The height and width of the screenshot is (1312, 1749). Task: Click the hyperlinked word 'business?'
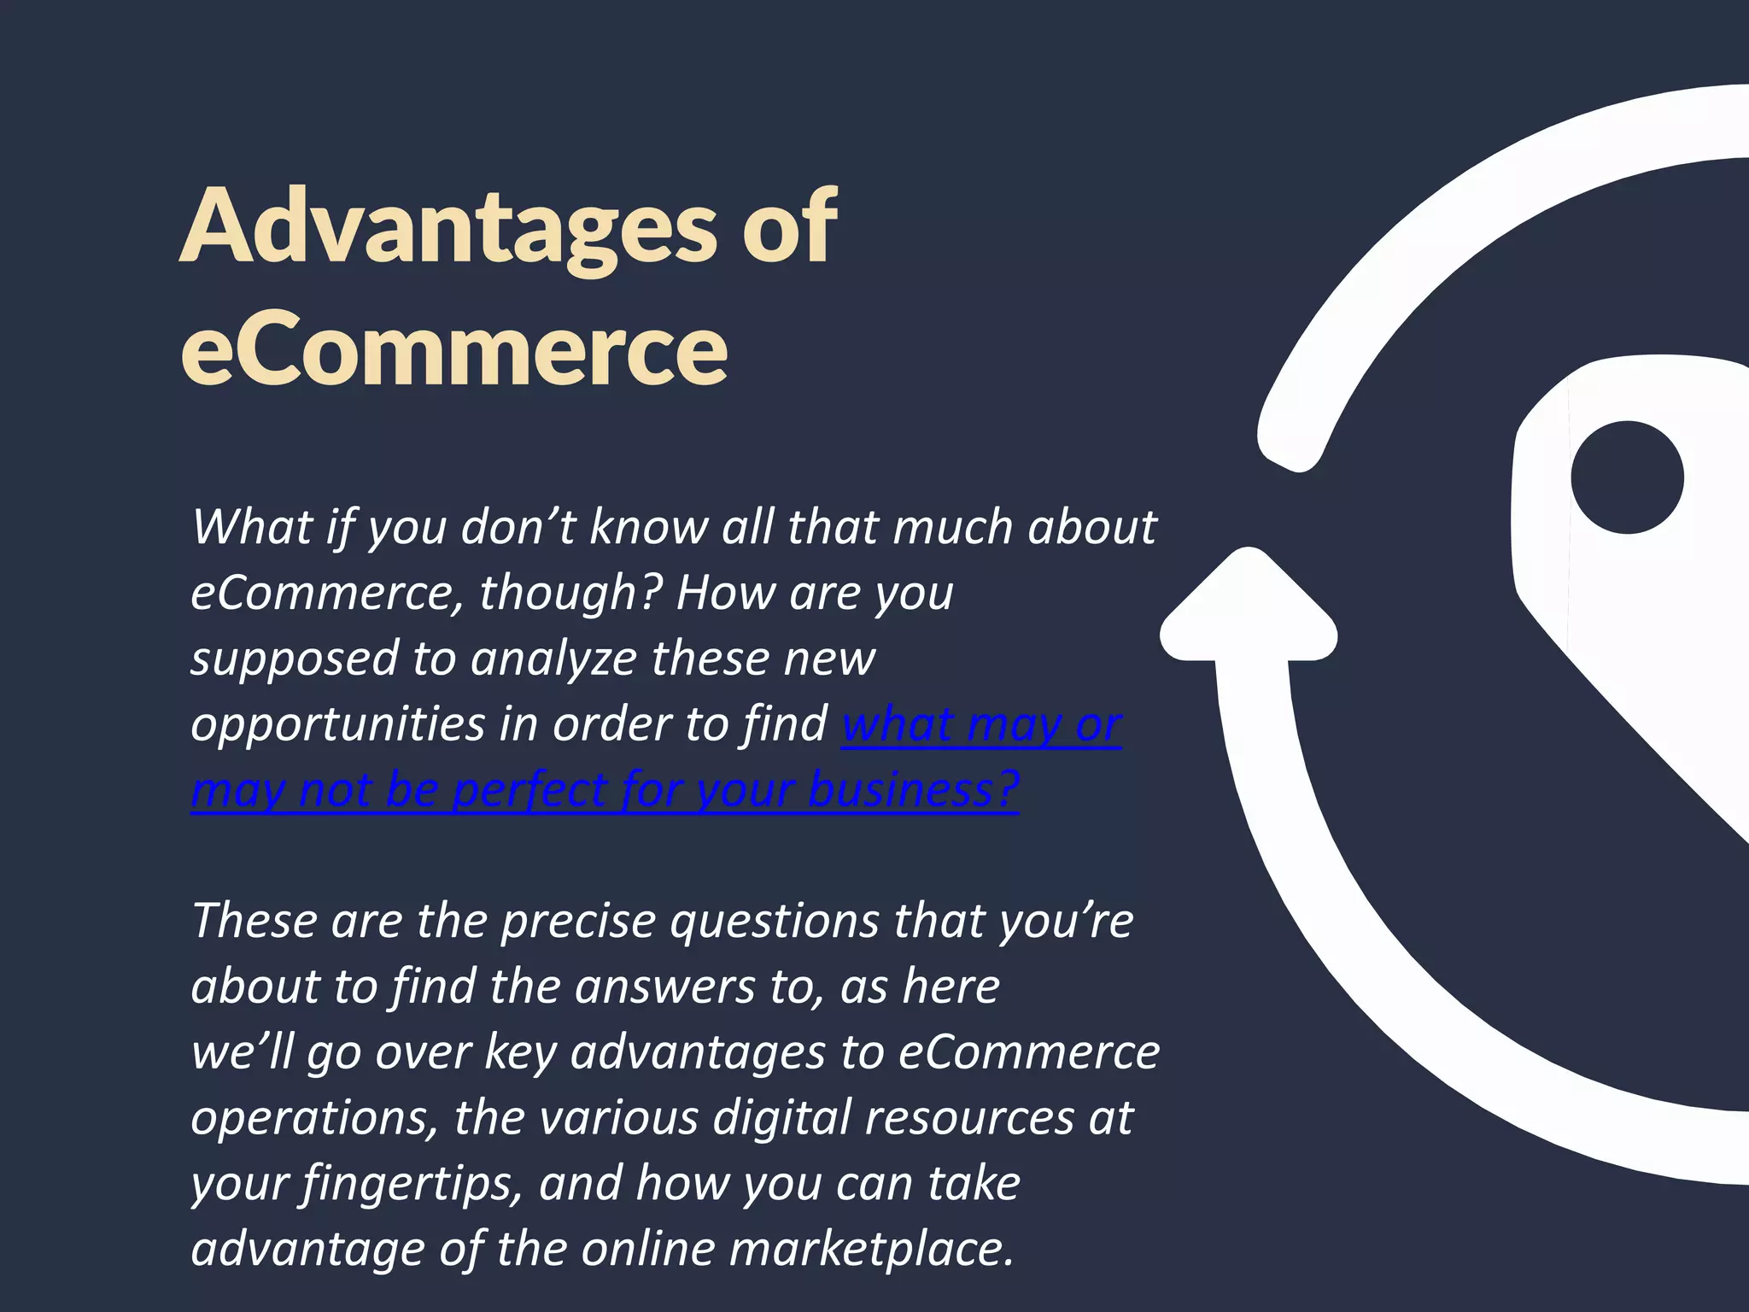[913, 789]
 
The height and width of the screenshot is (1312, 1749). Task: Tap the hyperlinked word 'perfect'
[529, 791]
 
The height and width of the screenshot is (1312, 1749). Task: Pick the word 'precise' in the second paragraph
[578, 922]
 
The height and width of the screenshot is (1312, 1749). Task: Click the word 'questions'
[775, 922]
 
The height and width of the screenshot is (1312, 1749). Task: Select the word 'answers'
[665, 987]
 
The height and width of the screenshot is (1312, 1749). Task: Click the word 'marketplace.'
[872, 1249]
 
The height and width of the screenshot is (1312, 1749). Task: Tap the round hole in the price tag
[1627, 477]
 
